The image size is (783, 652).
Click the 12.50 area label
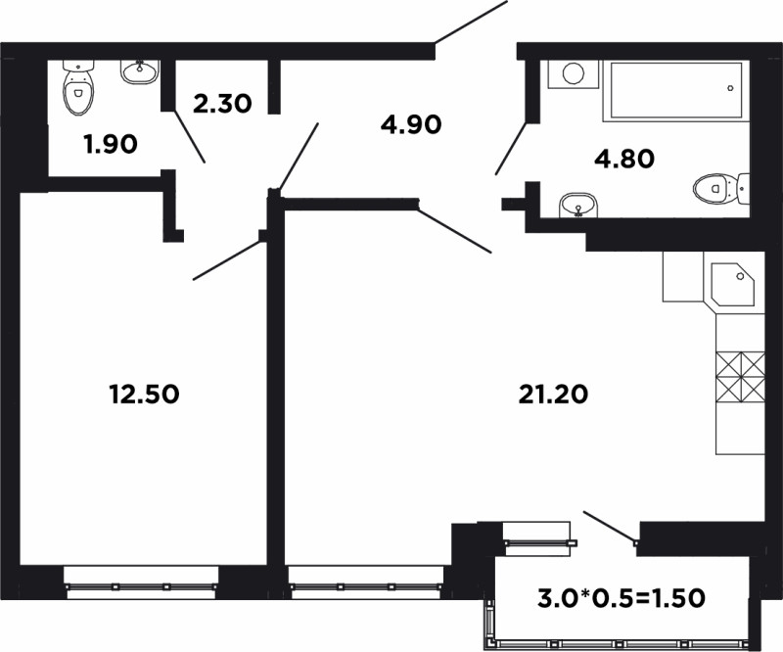coord(144,395)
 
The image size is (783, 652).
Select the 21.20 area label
coord(553,395)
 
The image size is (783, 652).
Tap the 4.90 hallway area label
coord(411,124)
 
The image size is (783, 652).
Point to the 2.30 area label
coord(222,104)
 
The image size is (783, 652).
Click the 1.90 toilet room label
coord(111,144)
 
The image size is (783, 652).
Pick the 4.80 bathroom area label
coord(624,159)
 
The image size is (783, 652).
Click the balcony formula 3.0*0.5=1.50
coord(622,597)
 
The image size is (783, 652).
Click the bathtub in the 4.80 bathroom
coord(676,91)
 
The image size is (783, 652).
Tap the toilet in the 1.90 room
coord(78,88)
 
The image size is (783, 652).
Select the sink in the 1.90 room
coord(140,71)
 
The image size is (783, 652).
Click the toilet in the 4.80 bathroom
coord(721,189)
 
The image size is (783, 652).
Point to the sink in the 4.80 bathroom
coord(578,206)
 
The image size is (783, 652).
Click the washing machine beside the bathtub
coord(574,74)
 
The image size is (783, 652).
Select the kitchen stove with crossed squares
coord(740,377)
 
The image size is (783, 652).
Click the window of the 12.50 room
coord(141,583)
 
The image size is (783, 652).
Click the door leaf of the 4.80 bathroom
coord(511,147)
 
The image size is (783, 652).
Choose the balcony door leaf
coord(611,527)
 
